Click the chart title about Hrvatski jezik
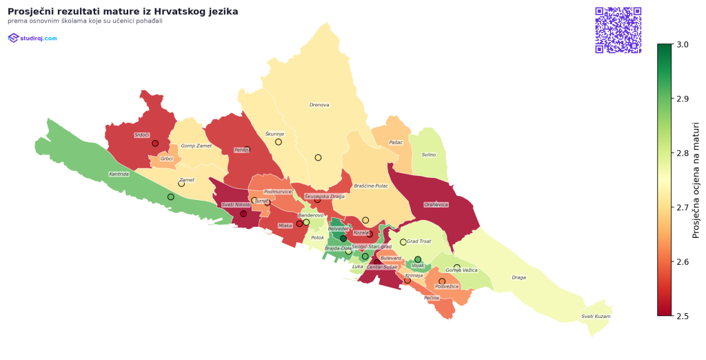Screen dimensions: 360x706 click(123, 12)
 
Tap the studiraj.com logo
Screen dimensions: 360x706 click(32, 38)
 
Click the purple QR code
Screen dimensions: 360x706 click(618, 30)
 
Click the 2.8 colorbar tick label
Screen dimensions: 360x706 click(683, 153)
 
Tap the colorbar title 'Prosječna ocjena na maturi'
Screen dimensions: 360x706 click(696, 180)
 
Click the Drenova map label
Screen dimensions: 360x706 click(319, 105)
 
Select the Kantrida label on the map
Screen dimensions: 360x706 click(119, 174)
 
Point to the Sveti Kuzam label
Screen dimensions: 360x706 click(596, 317)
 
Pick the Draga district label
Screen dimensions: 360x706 click(518, 278)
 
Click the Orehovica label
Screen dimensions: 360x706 click(436, 204)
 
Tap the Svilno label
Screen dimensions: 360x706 click(428, 154)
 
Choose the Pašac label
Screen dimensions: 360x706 click(396, 142)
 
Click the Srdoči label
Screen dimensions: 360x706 click(142, 134)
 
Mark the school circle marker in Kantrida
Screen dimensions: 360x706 click(171, 197)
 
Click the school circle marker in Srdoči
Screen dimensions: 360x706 click(155, 143)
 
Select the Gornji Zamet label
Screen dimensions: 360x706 click(196, 146)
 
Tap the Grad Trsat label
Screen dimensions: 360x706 click(418, 241)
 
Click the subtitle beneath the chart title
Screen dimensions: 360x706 click(85, 21)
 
